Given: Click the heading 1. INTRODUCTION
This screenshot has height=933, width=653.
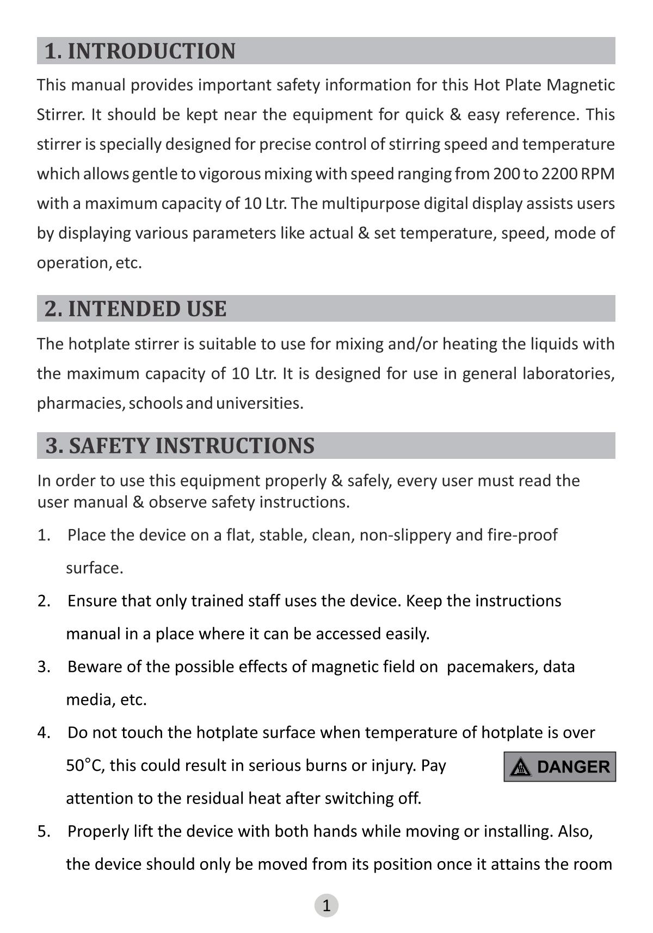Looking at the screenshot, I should [x=140, y=51].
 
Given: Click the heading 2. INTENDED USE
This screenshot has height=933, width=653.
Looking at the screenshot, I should [x=135, y=309].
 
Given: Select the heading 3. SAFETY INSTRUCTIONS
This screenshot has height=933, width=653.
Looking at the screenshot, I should [x=180, y=445].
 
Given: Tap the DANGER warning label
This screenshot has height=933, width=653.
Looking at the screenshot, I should [x=559, y=766].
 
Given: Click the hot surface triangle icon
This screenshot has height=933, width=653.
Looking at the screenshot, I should [x=521, y=767].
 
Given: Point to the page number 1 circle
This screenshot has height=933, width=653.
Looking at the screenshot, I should [x=326, y=905].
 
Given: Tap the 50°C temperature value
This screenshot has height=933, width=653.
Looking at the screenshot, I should [x=85, y=765].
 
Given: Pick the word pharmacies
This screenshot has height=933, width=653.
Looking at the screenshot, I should [x=80, y=403].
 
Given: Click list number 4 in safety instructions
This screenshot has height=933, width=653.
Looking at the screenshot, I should [x=44, y=733].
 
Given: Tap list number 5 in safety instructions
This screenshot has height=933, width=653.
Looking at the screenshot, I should [x=44, y=831].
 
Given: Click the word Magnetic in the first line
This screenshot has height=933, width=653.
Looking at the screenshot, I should [x=581, y=85].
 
